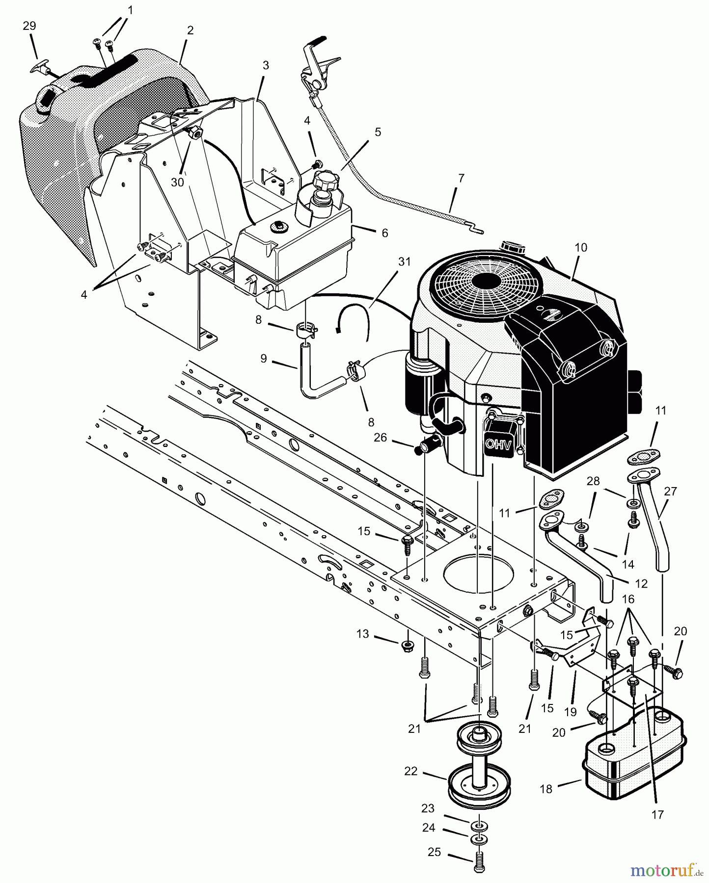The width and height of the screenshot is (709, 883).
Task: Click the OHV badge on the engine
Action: (498, 444)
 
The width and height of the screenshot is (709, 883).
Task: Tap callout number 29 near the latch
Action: (29, 26)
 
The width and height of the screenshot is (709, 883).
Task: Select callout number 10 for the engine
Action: (580, 248)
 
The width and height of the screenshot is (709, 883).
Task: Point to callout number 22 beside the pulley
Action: (410, 771)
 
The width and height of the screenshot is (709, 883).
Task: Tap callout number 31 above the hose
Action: (404, 262)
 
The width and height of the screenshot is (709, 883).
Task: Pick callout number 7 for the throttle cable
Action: (461, 179)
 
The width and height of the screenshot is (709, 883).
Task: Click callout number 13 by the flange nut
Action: (362, 634)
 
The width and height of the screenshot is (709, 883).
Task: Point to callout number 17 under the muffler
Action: (657, 815)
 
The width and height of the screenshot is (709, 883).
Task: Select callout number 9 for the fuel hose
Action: (264, 359)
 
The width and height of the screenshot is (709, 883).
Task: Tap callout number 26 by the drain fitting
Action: (380, 437)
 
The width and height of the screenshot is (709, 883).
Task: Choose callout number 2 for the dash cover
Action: (190, 30)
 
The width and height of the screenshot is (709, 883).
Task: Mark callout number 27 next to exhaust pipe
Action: (670, 491)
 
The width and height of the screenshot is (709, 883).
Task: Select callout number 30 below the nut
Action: (177, 182)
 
